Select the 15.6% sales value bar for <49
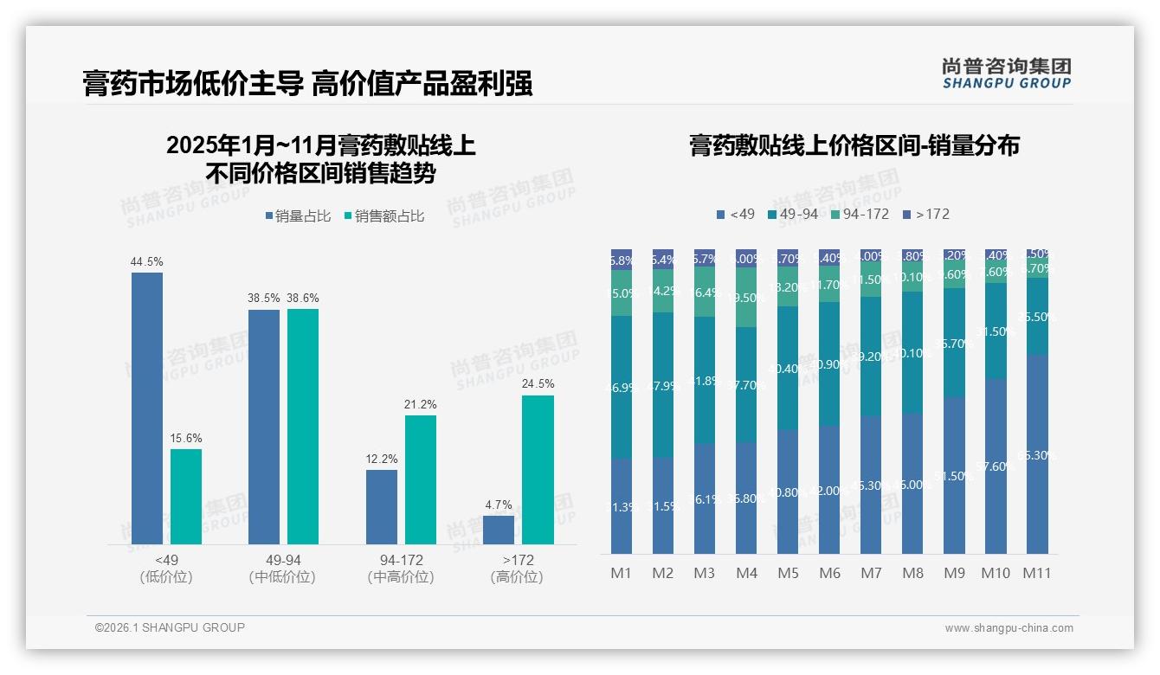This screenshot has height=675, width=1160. pyautogui.click(x=186, y=497)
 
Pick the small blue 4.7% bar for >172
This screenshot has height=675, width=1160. pyautogui.click(x=499, y=530)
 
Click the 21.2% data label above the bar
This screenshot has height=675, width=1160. pyautogui.click(x=421, y=404)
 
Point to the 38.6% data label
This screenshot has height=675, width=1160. pyautogui.click(x=303, y=298)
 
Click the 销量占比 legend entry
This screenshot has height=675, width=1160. pyautogui.click(x=298, y=216)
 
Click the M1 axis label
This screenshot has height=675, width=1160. pyautogui.click(x=622, y=573)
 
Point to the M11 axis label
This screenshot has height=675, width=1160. pyautogui.click(x=1037, y=573)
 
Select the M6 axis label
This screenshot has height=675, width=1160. pyautogui.click(x=829, y=573)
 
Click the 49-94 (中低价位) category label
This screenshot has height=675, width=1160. pyautogui.click(x=282, y=569)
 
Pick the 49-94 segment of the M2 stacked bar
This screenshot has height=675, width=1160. pyautogui.click(x=663, y=384)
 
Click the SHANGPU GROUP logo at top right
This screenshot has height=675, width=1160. pyautogui.click(x=1006, y=74)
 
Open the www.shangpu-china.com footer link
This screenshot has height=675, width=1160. pyautogui.click(x=1009, y=628)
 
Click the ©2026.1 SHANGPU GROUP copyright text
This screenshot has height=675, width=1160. pyautogui.click(x=170, y=627)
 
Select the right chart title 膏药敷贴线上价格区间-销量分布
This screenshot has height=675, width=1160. pyautogui.click(x=854, y=145)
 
